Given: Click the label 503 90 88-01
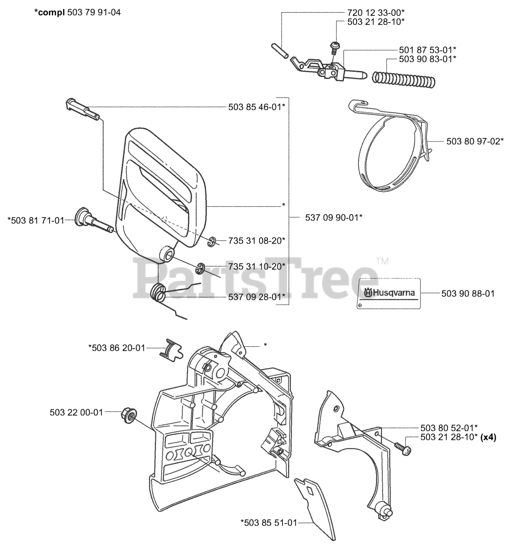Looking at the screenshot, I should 468,294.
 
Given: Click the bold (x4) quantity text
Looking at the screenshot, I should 488,436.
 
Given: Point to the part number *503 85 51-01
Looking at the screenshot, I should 268,522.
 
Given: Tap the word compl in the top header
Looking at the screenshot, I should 52,12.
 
